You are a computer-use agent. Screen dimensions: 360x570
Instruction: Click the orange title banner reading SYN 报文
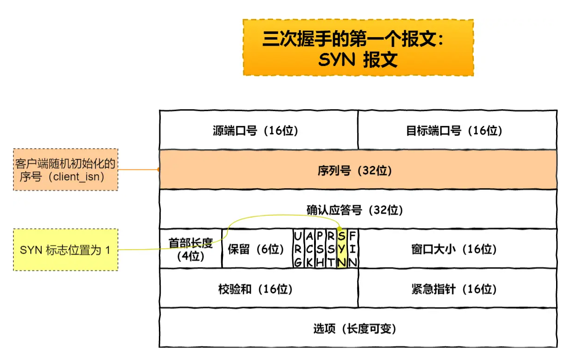click(x=358, y=47)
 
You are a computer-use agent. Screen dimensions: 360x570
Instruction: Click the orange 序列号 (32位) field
click(x=358, y=170)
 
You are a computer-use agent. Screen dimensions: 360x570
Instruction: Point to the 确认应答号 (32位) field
click(x=358, y=209)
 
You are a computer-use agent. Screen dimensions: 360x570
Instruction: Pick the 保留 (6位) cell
click(x=256, y=249)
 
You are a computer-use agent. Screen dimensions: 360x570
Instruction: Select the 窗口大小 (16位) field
click(x=457, y=249)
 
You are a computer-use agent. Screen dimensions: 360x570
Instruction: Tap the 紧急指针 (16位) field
click(x=457, y=288)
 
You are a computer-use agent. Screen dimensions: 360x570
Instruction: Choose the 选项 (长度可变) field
click(x=358, y=328)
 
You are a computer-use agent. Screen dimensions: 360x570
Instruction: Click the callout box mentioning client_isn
click(x=65, y=170)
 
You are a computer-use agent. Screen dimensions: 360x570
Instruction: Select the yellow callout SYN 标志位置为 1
click(x=65, y=249)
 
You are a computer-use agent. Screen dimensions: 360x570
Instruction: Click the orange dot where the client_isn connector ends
click(x=159, y=170)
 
